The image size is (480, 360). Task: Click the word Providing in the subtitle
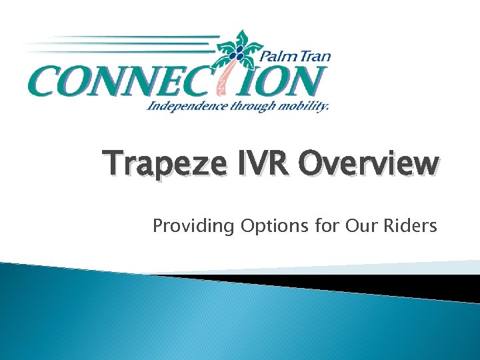click(193, 227)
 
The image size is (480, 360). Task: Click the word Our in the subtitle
click(361, 227)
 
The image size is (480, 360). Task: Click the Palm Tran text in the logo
click(296, 57)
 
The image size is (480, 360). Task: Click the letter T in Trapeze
click(114, 164)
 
